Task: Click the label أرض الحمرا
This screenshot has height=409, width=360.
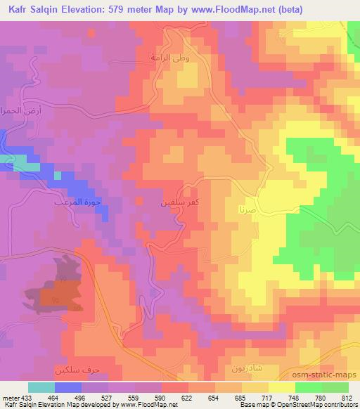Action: (x=14, y=112)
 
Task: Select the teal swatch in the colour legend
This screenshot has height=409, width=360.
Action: (x=41, y=387)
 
